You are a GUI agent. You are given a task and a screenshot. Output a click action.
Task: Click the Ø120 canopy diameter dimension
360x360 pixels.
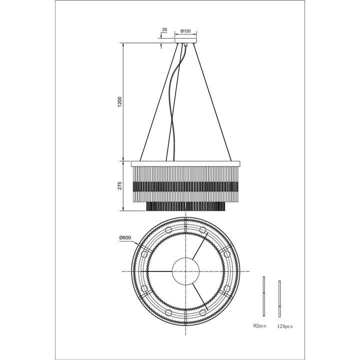[186, 31]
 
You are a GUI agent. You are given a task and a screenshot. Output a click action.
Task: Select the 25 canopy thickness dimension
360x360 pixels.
[164, 30]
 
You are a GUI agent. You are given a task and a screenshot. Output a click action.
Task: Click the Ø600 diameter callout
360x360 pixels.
[125, 238]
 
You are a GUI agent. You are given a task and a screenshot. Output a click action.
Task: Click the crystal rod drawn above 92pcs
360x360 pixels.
[264, 295]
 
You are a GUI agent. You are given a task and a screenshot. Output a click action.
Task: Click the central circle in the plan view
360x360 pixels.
[185, 271]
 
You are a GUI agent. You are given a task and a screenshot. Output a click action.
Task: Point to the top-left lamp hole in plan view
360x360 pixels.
[167, 230]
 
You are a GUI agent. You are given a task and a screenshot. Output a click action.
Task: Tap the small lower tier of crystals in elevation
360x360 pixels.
[185, 205]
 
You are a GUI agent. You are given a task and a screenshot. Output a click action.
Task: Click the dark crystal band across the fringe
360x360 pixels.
[185, 186]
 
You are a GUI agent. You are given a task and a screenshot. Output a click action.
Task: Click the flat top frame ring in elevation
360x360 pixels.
[185, 163]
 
